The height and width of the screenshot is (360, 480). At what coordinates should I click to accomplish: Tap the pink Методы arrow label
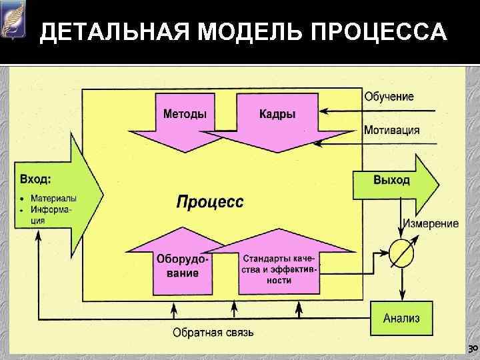pos(185,114)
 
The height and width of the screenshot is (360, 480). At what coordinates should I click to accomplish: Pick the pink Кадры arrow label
pos(277,114)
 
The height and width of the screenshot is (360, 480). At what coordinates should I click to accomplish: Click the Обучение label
pos(389,97)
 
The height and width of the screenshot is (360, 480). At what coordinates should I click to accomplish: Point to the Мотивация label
pos(391,130)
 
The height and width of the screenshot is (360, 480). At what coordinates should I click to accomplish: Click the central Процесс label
pos(210,201)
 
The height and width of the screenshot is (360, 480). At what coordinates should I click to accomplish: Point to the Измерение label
pos(429,223)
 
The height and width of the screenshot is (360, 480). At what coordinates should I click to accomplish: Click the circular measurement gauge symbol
pos(403,253)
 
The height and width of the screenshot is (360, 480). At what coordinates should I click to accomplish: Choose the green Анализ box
pos(401,318)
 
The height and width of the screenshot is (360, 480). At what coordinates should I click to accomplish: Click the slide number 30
pos(471,349)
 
